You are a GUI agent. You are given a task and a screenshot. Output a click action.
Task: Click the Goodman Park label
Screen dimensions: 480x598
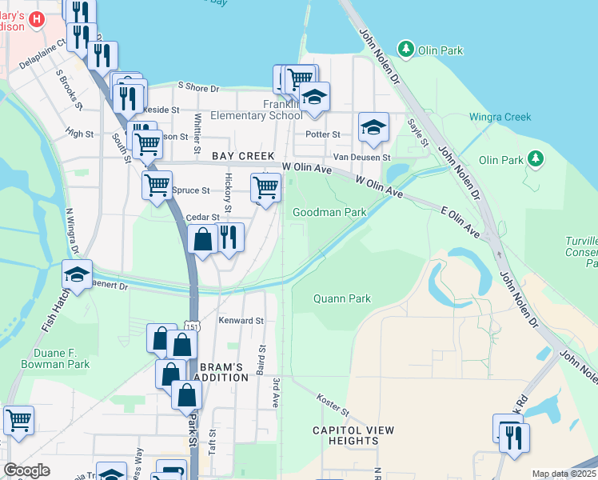coord(329,212)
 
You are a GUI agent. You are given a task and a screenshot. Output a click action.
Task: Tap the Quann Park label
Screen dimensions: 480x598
coord(341,298)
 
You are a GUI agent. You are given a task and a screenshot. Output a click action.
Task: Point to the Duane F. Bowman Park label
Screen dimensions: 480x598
coord(50,358)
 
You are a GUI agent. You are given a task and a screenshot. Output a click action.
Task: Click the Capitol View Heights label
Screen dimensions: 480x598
coord(353,435)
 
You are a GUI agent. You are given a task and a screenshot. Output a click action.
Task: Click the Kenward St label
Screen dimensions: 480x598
coord(241,320)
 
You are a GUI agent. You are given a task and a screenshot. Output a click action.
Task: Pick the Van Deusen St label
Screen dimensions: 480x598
coord(361,156)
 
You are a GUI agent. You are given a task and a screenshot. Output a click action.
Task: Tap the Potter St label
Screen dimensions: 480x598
coord(325,134)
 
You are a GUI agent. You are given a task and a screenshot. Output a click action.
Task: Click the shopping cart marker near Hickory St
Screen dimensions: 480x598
coord(265,189)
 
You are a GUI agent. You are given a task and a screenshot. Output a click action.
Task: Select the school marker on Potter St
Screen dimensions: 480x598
coord(373,127)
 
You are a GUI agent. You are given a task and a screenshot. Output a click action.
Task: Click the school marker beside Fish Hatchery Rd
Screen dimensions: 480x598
coord(78,274)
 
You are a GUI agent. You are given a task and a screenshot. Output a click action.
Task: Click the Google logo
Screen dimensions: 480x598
coord(26,470)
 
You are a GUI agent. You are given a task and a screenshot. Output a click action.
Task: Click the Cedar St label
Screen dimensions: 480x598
coord(202,217)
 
